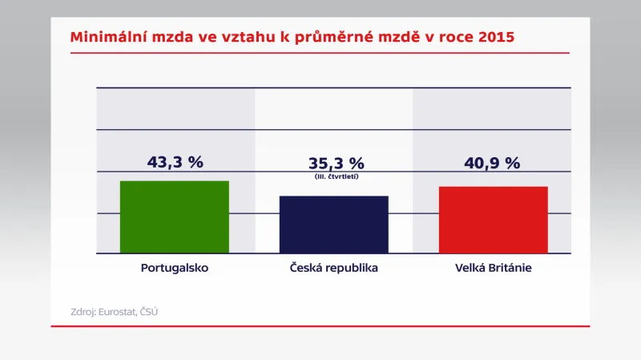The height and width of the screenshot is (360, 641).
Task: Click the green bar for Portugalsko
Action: tap(174, 216)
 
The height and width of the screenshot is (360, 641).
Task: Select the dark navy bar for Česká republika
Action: tap(333, 224)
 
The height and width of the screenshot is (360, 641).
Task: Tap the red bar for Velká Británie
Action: tap(493, 220)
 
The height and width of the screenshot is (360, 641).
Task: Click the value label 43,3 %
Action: tap(175, 162)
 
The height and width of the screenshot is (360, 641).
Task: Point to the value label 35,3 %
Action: tap(336, 164)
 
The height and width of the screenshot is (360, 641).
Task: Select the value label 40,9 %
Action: tap(492, 163)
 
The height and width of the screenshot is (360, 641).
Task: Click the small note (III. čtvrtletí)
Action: tap(336, 176)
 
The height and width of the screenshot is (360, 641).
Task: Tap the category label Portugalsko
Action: tap(174, 268)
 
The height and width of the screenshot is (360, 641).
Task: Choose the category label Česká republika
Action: tap(333, 268)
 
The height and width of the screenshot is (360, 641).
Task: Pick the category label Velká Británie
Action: tap(493, 268)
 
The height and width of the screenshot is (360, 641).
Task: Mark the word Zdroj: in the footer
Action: tap(83, 311)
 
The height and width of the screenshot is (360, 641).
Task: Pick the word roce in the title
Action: tap(455, 38)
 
